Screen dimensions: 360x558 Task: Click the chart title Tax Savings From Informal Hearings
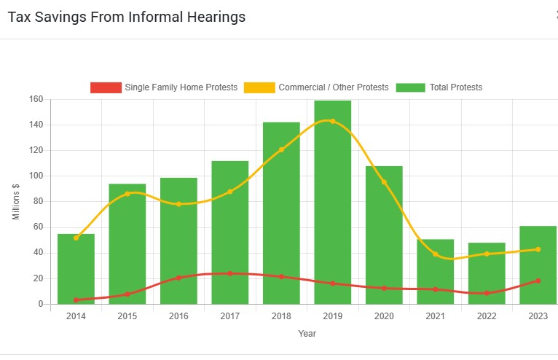(127, 17)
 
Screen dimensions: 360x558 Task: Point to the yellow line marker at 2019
(333, 121)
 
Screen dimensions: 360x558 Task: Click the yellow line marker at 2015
(127, 194)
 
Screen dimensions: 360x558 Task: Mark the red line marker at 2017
(230, 273)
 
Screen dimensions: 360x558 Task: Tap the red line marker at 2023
(538, 281)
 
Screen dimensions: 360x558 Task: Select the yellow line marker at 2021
(436, 254)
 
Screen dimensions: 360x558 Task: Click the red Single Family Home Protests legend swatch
(106, 87)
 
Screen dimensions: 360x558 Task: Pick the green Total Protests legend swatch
(410, 87)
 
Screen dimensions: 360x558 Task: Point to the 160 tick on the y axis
(36, 99)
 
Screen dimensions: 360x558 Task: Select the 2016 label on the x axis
(178, 316)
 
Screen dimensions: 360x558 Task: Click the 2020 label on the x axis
(384, 316)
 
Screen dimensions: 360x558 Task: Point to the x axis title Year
(307, 334)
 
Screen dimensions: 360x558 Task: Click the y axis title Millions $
(16, 202)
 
